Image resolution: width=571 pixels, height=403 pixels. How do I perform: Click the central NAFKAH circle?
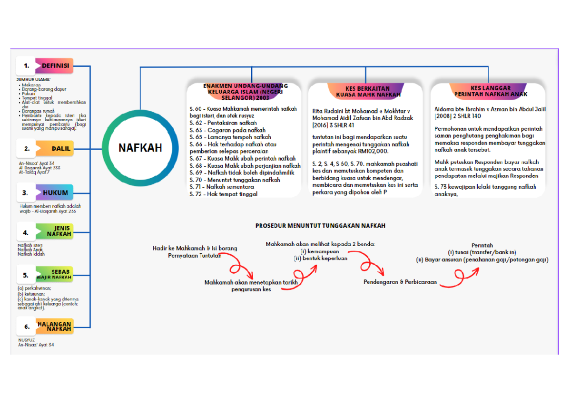tap(140, 148)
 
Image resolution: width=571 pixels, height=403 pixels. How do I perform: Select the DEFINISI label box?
tap(55, 66)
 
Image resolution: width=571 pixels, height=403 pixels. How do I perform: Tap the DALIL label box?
tap(55, 149)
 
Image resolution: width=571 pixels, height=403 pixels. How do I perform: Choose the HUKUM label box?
tap(55, 193)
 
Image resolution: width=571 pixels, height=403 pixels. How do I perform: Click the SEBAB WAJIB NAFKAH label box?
tap(55, 274)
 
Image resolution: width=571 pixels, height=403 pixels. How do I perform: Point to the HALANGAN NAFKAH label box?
tap(55, 326)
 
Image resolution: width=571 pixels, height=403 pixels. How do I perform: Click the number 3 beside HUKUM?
tap(26, 193)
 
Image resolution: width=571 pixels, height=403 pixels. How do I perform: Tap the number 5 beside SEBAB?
tap(26, 275)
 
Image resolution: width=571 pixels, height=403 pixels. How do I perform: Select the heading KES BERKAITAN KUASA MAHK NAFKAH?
tap(365, 91)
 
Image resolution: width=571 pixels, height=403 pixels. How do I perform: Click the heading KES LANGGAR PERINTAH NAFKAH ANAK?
tap(490, 91)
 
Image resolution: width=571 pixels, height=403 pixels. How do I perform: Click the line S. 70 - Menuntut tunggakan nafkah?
tap(235, 180)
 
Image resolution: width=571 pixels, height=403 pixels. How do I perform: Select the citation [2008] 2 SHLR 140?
tap(458, 116)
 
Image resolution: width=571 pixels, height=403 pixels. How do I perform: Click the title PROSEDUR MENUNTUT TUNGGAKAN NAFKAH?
tap(320, 226)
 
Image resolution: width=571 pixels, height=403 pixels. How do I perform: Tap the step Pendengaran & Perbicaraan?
tap(400, 282)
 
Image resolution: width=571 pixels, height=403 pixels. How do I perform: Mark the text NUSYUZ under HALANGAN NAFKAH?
tap(27, 340)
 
